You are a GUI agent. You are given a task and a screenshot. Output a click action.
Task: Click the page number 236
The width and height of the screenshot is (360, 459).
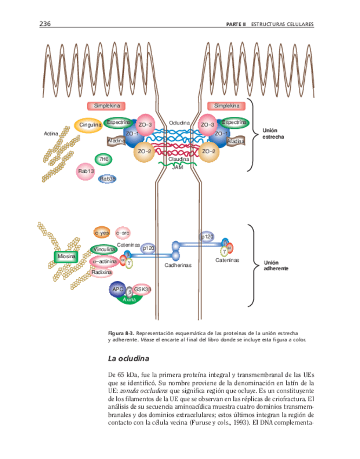45,24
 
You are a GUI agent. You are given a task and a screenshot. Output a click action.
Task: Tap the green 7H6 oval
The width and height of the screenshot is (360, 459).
103,159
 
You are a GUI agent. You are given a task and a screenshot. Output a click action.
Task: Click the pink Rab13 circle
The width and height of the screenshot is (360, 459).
87,172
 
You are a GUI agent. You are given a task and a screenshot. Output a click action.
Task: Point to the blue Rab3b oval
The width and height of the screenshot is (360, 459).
108,179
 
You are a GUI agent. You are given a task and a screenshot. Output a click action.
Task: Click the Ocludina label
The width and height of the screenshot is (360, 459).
179,123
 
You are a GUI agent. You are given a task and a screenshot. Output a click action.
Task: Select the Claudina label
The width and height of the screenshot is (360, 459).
178,160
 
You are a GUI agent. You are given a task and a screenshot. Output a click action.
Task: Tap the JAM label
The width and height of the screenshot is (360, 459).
178,168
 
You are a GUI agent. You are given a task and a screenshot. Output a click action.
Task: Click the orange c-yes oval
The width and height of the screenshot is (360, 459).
102,233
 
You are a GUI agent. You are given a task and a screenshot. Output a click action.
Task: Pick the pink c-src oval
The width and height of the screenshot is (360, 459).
123,233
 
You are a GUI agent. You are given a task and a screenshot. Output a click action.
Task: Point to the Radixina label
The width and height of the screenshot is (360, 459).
102,272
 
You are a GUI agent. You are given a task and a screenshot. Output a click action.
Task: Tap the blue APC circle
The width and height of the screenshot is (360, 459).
117,290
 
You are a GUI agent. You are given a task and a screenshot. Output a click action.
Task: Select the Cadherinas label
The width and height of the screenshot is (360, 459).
178,265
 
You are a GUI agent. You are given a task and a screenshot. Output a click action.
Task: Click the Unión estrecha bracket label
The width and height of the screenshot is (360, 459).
274,134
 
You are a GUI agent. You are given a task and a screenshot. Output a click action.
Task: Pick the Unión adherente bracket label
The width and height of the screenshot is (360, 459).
276,265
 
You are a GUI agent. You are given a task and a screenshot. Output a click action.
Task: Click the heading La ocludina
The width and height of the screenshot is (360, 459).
128,358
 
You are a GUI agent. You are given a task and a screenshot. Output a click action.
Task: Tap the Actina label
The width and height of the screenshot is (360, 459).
51,133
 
